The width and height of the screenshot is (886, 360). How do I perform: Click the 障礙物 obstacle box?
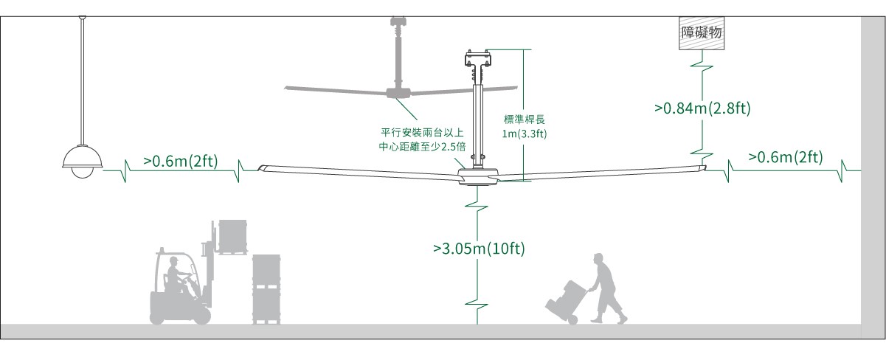tap(699, 34)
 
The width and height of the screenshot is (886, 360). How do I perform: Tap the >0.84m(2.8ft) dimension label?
tap(702, 109)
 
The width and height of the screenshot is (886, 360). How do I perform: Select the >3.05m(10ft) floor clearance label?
tap(479, 248)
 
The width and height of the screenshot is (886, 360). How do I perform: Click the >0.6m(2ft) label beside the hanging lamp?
tap(180, 160)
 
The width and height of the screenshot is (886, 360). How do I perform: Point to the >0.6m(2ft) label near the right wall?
tap(785, 156)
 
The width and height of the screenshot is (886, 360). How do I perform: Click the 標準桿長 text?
tap(524, 120)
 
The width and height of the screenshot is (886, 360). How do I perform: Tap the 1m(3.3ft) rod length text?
tap(524, 134)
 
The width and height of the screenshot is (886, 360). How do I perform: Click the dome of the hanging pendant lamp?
tap(80, 161)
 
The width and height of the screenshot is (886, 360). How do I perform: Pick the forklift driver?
tap(178, 274)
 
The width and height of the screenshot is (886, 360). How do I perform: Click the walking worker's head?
tap(598, 259)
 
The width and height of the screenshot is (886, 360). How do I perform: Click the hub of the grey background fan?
tap(398, 92)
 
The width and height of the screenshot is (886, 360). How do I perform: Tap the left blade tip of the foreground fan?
tap(262, 169)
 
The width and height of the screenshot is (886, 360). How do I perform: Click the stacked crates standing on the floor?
tap(266, 288)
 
